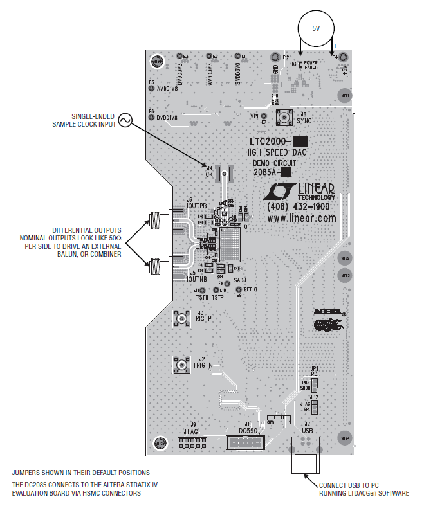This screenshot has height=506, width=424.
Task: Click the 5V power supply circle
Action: coord(315,29)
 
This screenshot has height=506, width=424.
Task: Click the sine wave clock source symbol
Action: coord(124,120)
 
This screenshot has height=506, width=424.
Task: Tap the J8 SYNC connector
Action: coord(284,117)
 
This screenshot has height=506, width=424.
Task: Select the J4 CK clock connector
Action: coord(225,174)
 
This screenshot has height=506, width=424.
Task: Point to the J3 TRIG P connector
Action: coord(180,318)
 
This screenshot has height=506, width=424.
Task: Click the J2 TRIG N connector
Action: coord(180,365)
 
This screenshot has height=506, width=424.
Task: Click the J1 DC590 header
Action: coord(244,442)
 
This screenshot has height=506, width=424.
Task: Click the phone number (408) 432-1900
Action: coord(300,208)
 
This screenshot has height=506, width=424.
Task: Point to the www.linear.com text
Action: coord(302,219)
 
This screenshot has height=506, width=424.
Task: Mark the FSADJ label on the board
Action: coord(239,280)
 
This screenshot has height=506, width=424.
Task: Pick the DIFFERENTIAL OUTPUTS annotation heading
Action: coord(87,230)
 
